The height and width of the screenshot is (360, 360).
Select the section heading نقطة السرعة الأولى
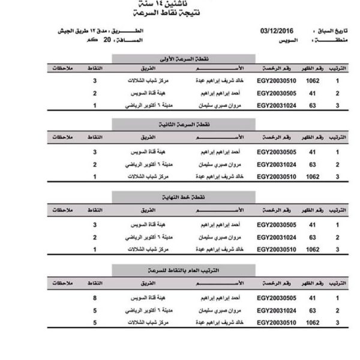point(153,58)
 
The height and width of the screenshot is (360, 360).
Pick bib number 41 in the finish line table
point(313,224)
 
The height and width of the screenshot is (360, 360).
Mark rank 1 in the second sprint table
point(337,153)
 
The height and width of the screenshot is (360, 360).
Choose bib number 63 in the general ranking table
point(313,310)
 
